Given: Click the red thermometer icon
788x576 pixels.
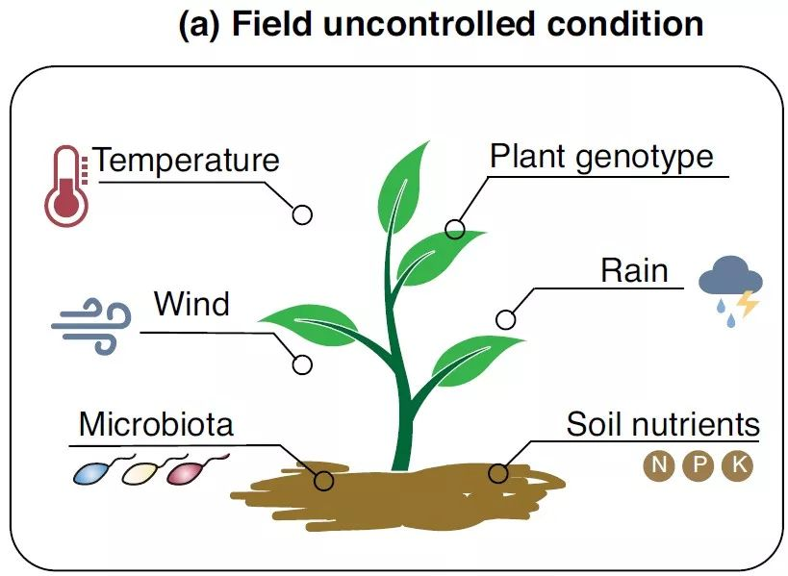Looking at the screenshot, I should [64, 187].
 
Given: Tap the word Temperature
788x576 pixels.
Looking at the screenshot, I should [187, 160].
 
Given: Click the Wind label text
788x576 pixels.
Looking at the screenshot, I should [192, 305].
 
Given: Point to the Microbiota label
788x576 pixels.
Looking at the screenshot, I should [156, 423].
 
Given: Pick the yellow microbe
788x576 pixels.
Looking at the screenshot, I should [140, 471].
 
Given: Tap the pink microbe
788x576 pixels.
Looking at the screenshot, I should [187, 470].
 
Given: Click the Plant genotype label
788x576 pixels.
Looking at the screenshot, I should [601, 157].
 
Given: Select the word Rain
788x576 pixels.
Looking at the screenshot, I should [634, 270].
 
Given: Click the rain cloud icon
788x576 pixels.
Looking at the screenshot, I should [731, 287].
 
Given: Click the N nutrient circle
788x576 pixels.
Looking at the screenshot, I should [659, 466].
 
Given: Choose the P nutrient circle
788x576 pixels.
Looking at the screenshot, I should [699, 466].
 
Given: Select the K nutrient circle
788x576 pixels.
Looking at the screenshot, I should [738, 466].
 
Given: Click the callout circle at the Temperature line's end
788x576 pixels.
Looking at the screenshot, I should [302, 214].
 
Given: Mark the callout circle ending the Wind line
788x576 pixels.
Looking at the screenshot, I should [302, 364].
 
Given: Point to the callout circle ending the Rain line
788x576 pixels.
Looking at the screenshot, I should [505, 319].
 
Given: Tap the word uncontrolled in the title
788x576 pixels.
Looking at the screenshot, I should [414, 25].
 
